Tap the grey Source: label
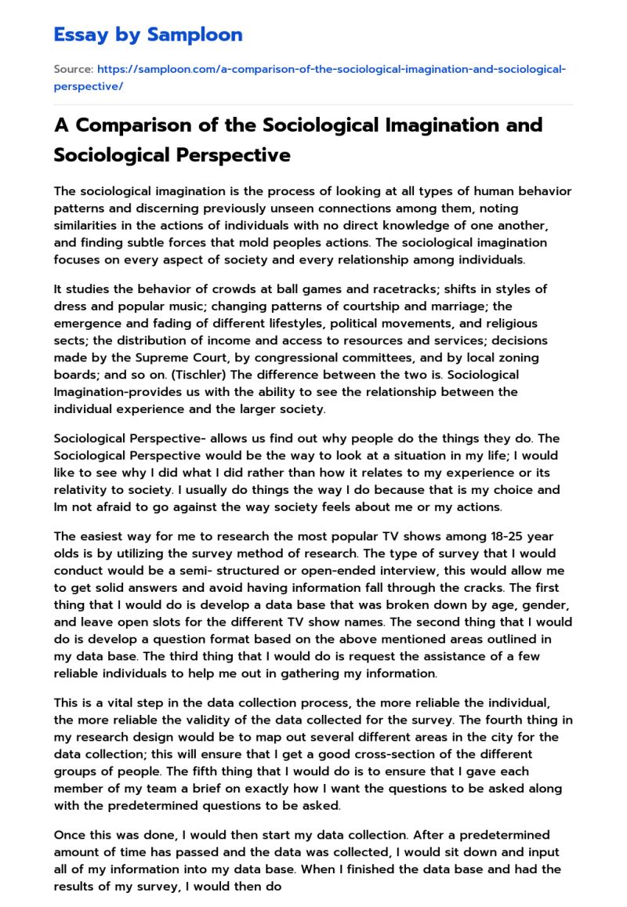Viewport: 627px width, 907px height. click(x=74, y=70)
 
